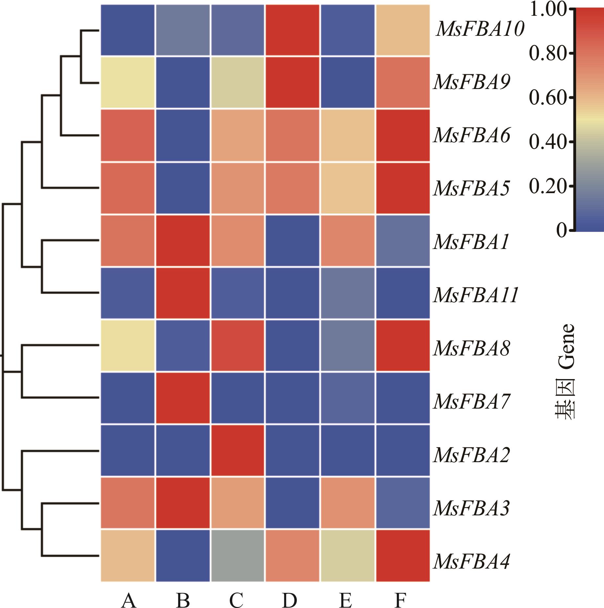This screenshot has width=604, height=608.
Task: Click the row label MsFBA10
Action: [x=480, y=29]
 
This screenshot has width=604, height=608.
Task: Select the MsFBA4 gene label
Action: [x=472, y=561]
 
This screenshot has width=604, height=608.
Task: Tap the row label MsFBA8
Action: [x=472, y=348]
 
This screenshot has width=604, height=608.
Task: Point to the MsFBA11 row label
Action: [x=476, y=295]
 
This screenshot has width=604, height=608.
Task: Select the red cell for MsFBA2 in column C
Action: [x=238, y=450]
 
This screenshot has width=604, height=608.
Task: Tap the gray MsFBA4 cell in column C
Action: [x=238, y=555]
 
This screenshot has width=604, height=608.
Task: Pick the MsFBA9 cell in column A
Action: [x=128, y=82]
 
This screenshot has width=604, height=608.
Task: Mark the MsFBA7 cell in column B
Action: [x=183, y=398]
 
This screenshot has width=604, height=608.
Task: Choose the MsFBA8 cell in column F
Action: [x=403, y=345]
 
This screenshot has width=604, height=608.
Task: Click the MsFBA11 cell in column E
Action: [x=348, y=293]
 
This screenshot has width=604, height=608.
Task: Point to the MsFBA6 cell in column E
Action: [x=348, y=135]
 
